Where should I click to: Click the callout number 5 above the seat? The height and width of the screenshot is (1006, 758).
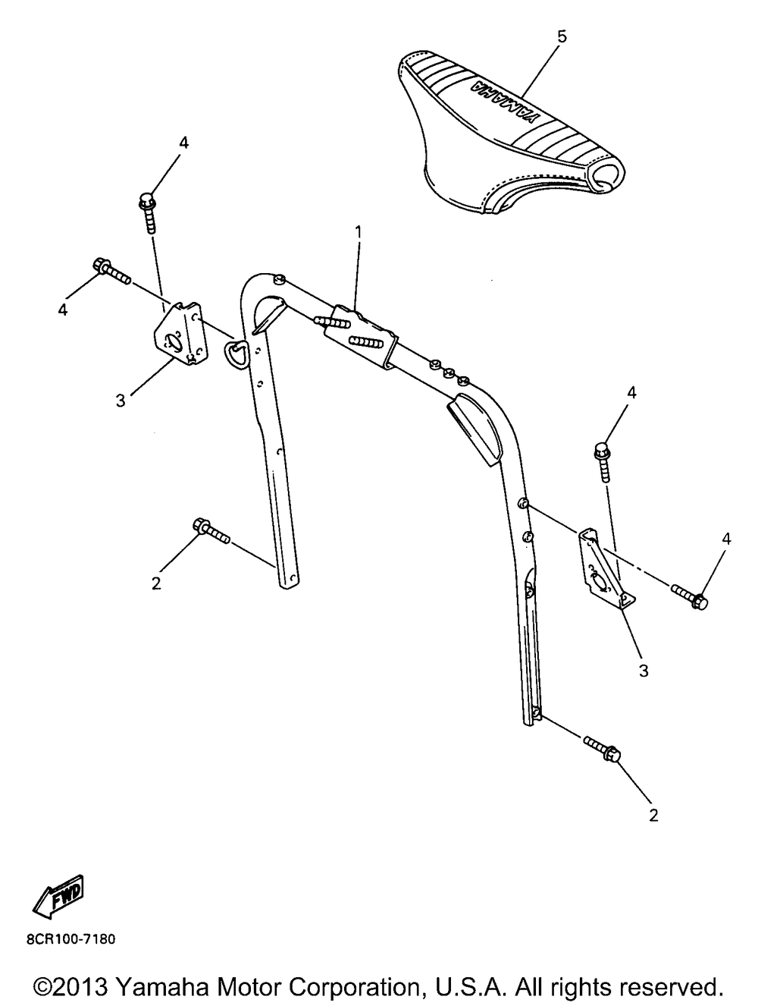tap(561, 36)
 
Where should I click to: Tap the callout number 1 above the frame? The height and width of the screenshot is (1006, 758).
tap(359, 230)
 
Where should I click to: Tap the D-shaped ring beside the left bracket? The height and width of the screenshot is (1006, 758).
tap(235, 351)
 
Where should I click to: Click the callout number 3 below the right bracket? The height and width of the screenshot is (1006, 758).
tap(643, 671)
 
